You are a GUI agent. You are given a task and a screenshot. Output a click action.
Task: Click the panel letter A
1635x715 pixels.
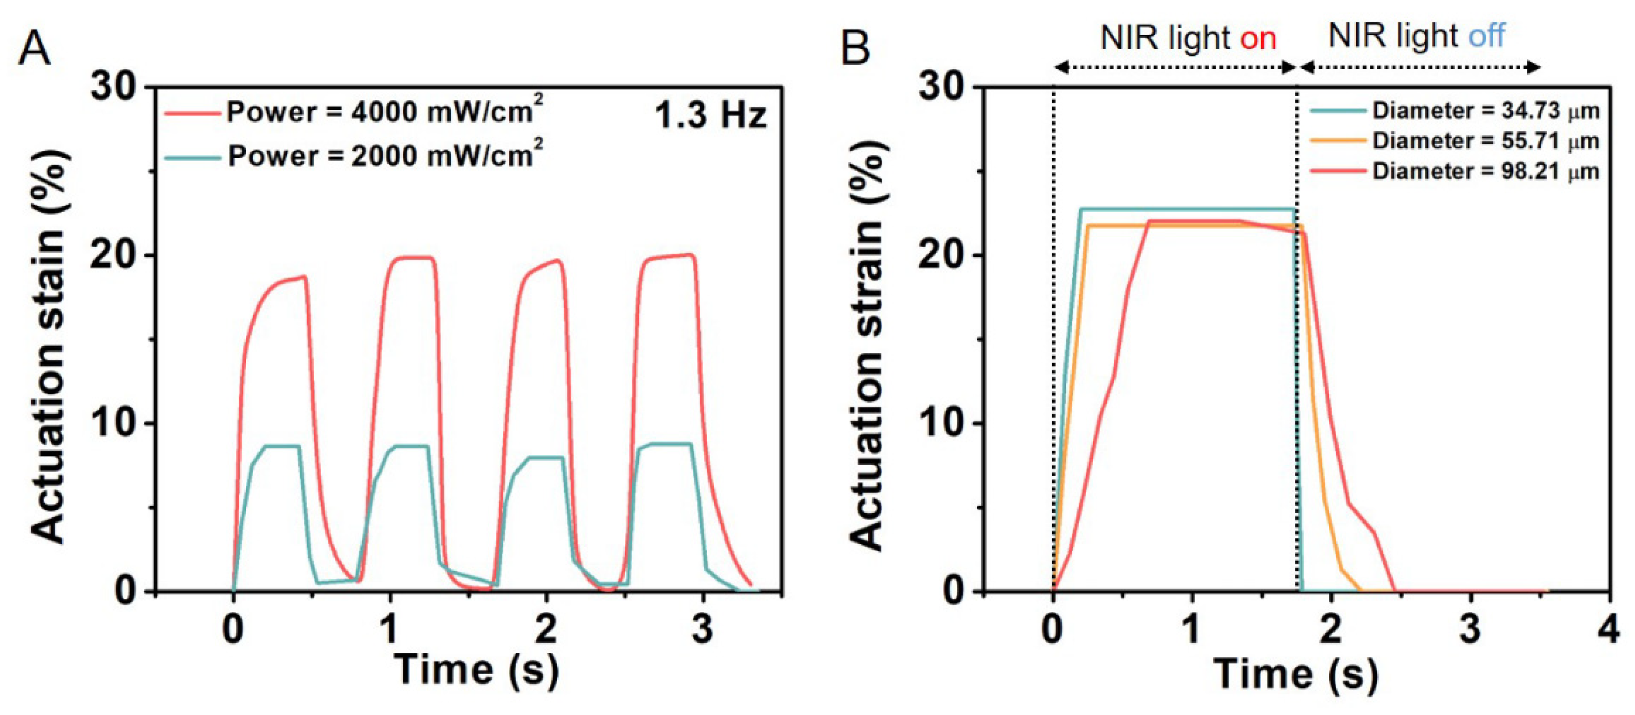click(34, 50)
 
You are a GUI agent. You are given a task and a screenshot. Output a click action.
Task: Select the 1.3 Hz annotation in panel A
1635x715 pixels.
click(710, 116)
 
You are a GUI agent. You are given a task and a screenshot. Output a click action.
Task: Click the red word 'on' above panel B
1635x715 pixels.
click(1258, 38)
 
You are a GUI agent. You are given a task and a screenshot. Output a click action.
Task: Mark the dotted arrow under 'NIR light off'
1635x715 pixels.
click(1420, 67)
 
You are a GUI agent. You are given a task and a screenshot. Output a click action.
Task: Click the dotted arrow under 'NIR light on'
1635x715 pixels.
click(1174, 67)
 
